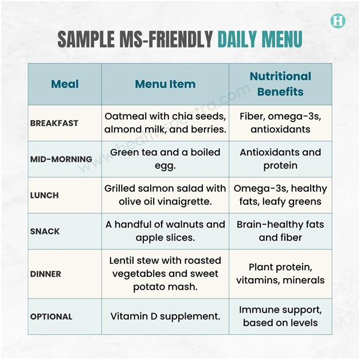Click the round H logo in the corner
[x=338, y=21]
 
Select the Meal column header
[x=65, y=84]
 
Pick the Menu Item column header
[x=165, y=84]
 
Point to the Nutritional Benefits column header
[x=280, y=84]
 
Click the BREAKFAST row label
[x=54, y=123]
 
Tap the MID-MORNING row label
[x=61, y=159]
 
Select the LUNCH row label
[x=45, y=195]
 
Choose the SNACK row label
[x=45, y=231]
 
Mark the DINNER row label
[x=46, y=273]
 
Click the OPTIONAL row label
[x=52, y=316]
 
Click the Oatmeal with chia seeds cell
[x=165, y=123]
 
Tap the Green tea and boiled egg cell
[x=165, y=159]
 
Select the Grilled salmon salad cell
[x=165, y=195]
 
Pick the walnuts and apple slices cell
[x=165, y=231]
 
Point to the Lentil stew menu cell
[x=165, y=273]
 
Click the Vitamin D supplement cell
[x=165, y=316]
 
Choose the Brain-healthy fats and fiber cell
[x=280, y=231]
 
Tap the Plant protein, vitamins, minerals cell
[x=280, y=273]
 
